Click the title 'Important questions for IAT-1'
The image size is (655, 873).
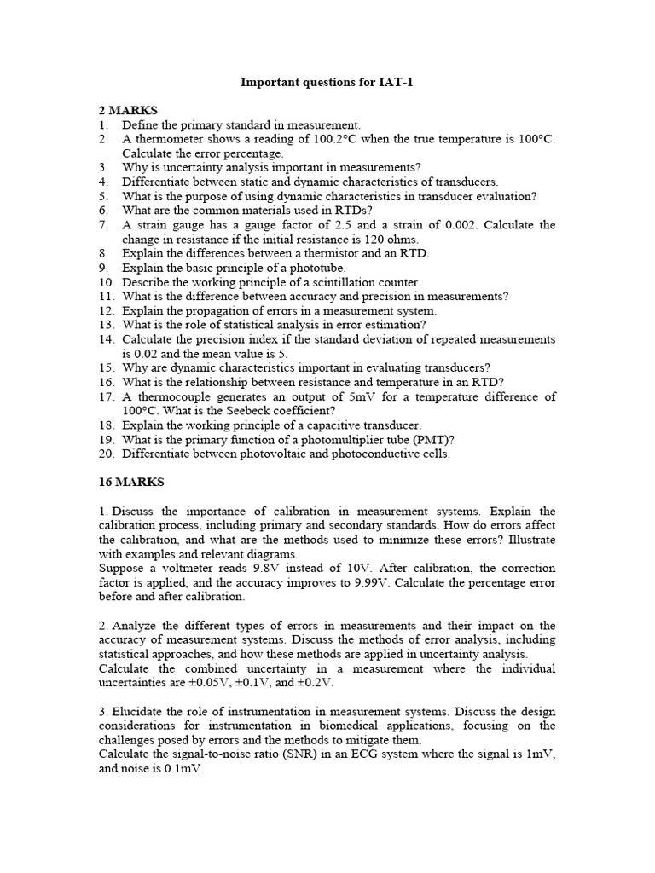(x=328, y=83)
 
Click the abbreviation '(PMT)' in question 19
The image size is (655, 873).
(x=430, y=439)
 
